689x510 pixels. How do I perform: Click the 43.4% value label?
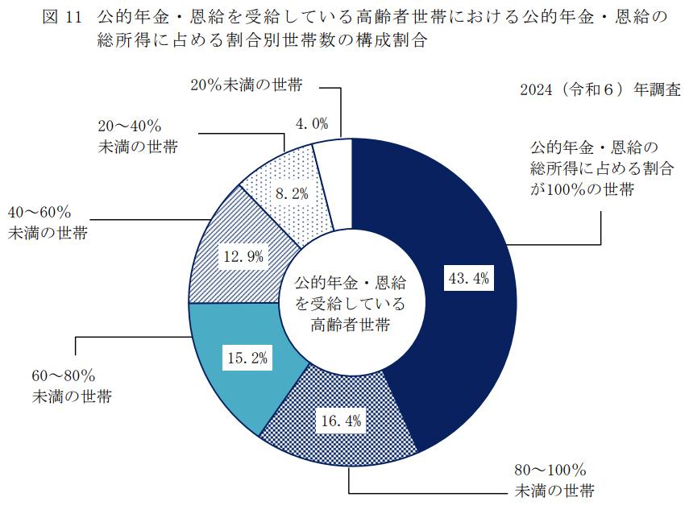click(x=469, y=279)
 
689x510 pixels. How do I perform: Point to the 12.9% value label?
click(x=243, y=259)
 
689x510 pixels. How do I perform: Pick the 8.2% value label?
click(x=291, y=194)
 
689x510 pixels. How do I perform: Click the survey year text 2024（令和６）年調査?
click(x=600, y=89)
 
